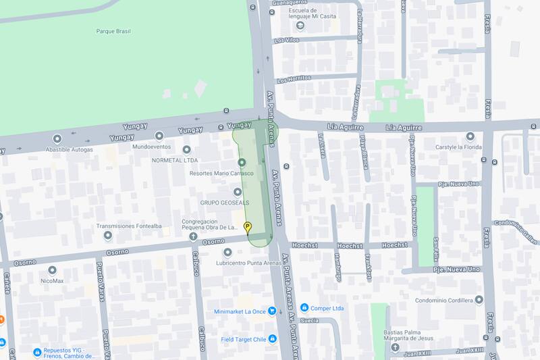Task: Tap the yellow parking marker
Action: [248, 227]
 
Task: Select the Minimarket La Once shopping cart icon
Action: [271, 311]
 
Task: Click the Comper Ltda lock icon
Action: [304, 308]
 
